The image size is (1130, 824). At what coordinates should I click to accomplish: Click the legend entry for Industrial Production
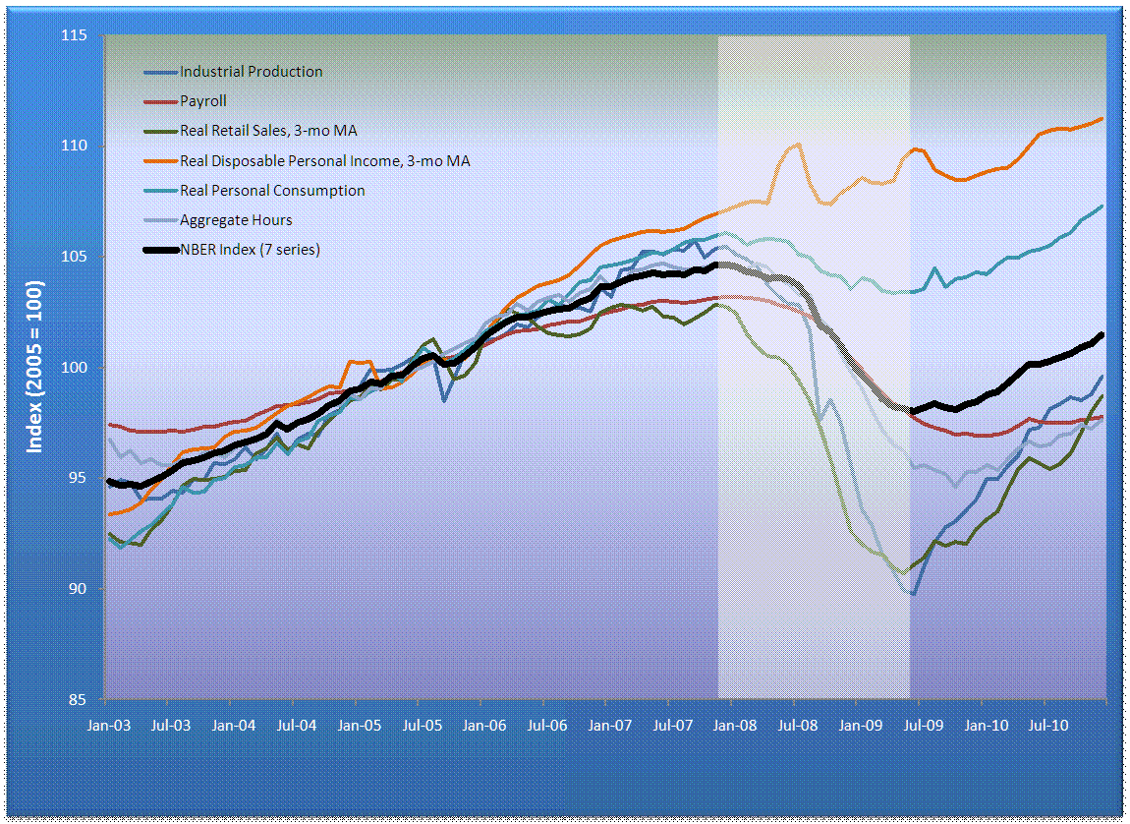pos(251,72)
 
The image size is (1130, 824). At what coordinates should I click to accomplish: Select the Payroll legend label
pos(203,101)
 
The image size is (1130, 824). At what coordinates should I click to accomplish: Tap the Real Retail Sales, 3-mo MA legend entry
pos(261,131)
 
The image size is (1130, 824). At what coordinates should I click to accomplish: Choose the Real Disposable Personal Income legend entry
pos(324,160)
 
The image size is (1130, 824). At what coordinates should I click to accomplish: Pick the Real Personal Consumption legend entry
pos(272,191)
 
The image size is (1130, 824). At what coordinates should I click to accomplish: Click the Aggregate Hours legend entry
pos(236,220)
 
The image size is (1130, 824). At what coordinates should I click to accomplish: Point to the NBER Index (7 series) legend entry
pos(250,250)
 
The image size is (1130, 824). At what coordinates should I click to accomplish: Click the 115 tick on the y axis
pos(75,36)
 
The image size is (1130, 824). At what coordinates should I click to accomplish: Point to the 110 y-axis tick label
pos(75,147)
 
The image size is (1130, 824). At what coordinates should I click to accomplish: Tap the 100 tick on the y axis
pos(75,368)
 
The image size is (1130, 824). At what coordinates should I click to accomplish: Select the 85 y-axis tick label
pos(79,700)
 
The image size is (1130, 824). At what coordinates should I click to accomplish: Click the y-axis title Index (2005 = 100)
pos(35,366)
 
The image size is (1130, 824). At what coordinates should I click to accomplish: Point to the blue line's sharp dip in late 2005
pos(445,400)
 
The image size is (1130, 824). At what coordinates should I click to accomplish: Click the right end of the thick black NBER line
pos(1102,334)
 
